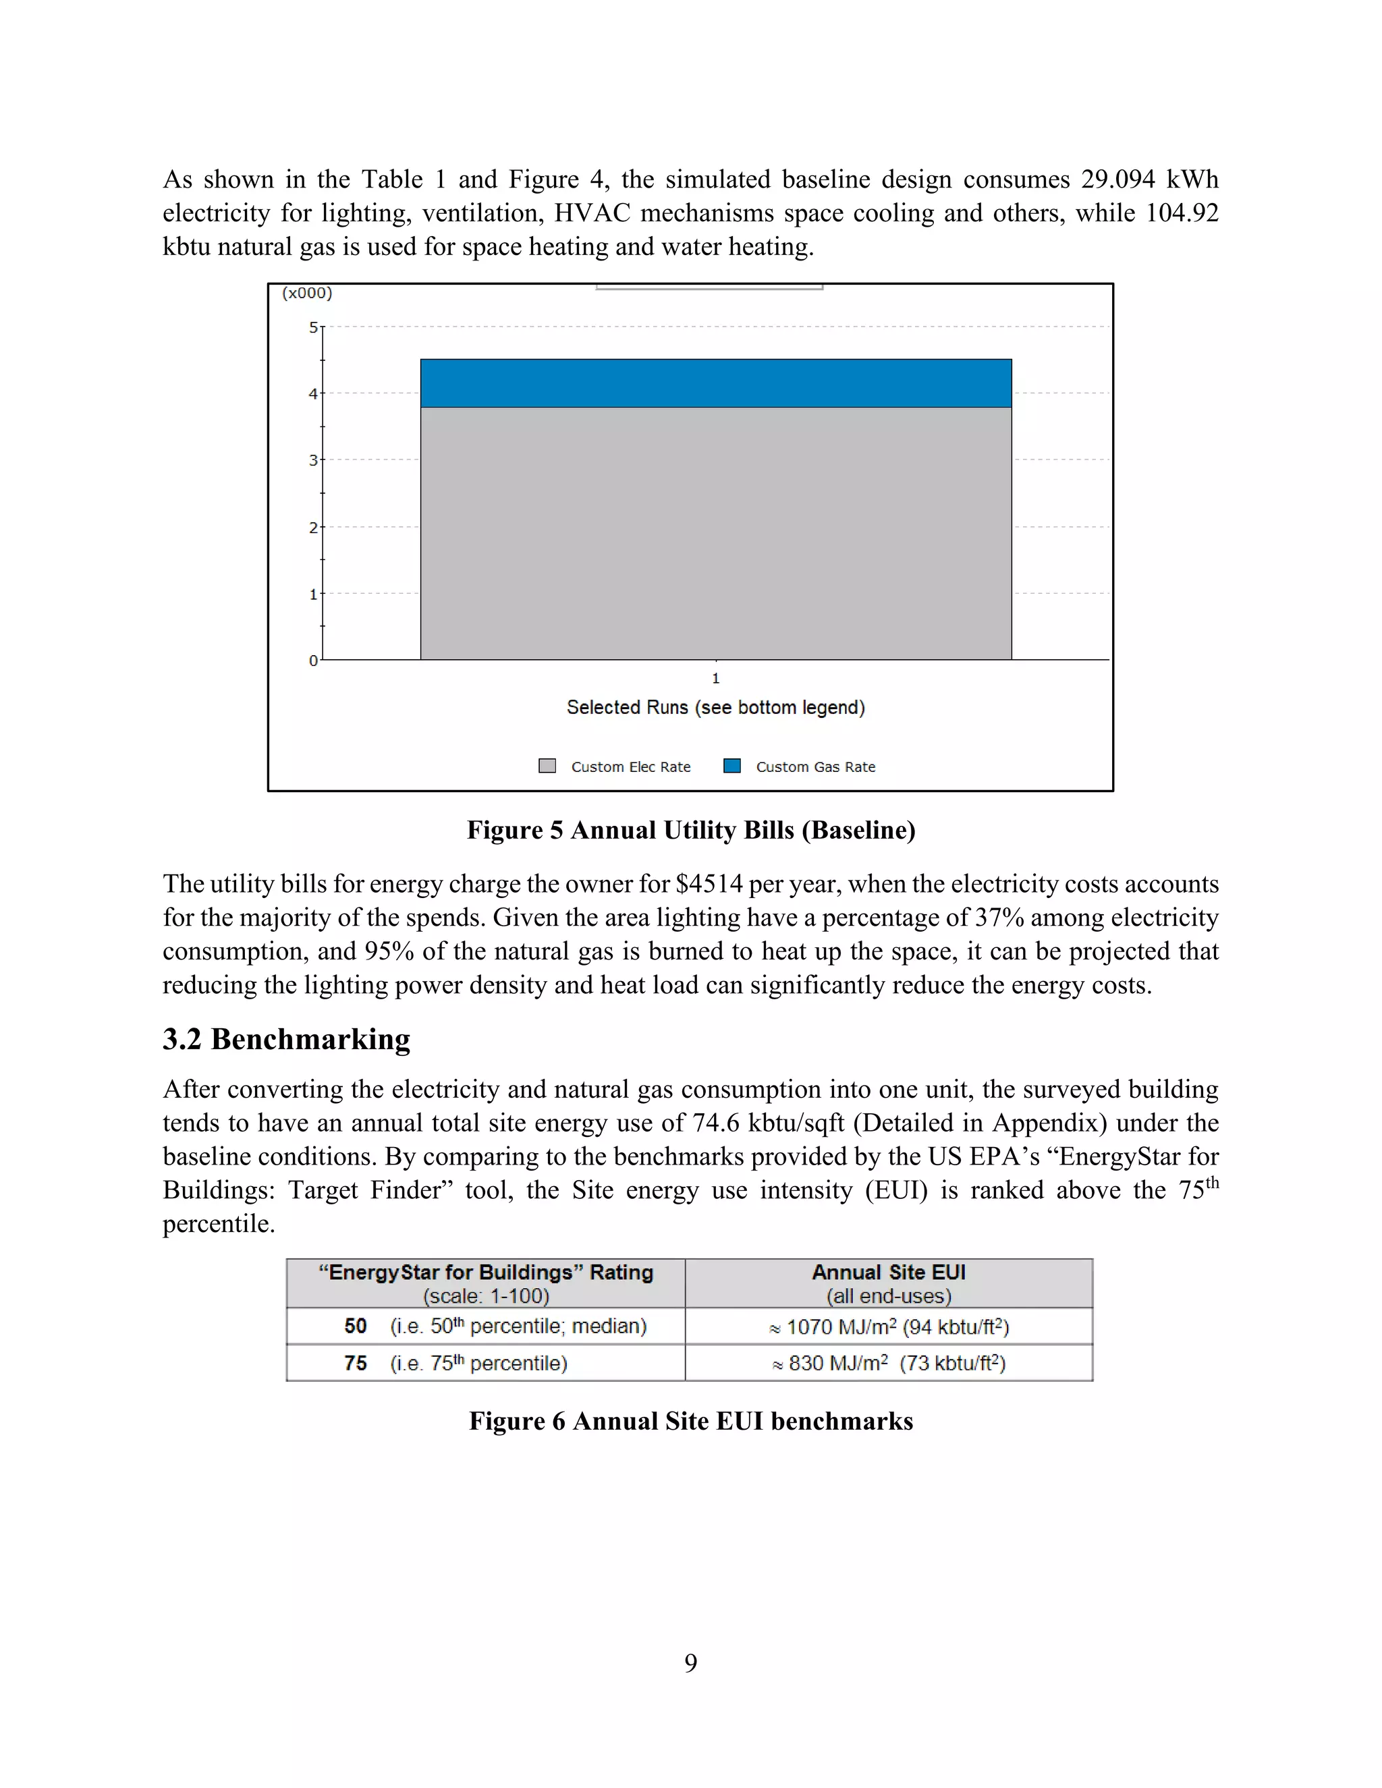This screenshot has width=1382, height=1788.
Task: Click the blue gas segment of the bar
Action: pos(715,383)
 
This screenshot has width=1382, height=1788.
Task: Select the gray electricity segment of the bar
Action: pos(715,533)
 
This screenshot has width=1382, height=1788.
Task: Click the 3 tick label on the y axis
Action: pos(312,461)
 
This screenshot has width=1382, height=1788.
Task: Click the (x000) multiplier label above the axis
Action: pos(307,293)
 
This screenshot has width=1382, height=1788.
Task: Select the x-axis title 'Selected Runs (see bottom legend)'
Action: pos(715,707)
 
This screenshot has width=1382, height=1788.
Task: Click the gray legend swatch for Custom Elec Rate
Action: pos(547,766)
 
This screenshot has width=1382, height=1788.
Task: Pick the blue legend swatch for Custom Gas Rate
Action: pos(732,766)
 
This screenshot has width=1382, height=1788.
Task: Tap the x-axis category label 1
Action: pos(715,679)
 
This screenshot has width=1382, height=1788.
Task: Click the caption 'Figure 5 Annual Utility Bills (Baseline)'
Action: pos(691,830)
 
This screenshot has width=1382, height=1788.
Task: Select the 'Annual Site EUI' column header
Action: pos(888,1273)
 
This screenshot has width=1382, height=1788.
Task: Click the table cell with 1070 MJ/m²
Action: pos(888,1327)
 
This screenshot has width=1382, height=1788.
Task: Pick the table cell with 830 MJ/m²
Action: pos(888,1363)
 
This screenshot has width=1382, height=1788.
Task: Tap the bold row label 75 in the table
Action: pos(356,1363)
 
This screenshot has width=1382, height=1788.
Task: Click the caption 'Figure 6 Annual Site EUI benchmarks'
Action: pos(691,1421)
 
